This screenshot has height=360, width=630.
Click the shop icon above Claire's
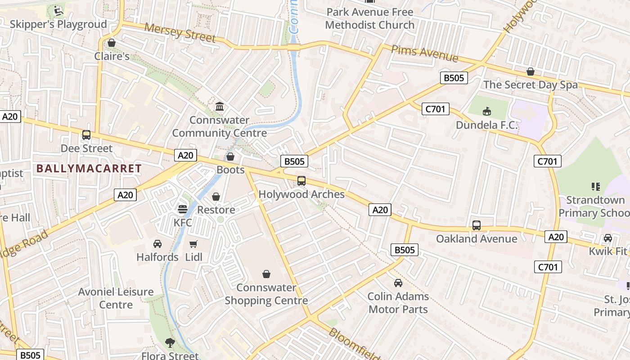pos(112,43)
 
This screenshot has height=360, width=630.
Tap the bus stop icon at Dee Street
pos(86,135)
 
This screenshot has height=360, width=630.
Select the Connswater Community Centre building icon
pos(220,107)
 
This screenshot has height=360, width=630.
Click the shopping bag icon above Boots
pos(230,157)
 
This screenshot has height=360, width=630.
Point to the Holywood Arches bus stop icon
pos(301,181)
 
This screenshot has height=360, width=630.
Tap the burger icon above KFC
pos(182,209)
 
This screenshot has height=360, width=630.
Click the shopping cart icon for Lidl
pos(193,244)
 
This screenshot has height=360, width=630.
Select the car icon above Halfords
pos(157,244)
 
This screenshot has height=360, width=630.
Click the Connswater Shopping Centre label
pos(266,294)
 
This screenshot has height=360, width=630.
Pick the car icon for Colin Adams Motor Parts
pos(398,283)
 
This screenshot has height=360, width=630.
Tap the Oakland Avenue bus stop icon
pos(477,225)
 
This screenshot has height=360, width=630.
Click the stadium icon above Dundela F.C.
pos(487,111)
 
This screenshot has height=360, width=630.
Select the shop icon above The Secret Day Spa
pos(531,72)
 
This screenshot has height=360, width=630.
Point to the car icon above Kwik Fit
pos(607,238)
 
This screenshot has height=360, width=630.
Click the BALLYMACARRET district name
pos(89,169)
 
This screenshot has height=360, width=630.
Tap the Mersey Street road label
pos(180,33)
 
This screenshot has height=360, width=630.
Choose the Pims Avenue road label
pos(424,54)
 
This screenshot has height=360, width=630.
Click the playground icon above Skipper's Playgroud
pos(58,10)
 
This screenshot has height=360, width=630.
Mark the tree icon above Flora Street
pos(170,343)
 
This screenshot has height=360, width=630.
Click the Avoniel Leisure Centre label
pos(116,298)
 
